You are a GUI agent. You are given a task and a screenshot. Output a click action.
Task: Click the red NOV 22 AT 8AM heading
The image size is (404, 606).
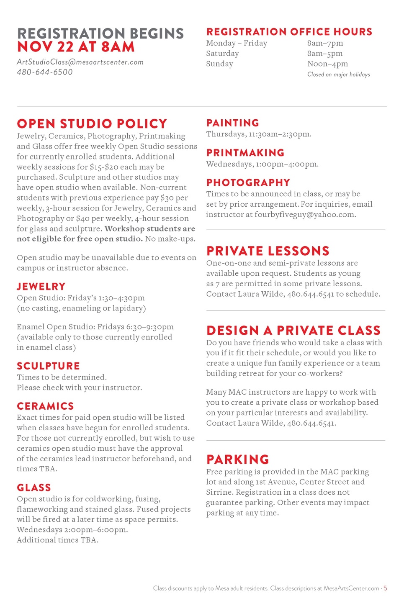(76, 47)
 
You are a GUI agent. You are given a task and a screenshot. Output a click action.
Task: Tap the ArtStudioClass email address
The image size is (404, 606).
(80, 62)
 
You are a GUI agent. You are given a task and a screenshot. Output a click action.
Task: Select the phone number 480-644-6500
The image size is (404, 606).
(45, 72)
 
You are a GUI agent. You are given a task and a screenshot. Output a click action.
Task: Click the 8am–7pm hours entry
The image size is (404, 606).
(325, 43)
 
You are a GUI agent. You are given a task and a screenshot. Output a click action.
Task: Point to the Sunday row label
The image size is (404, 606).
(219, 64)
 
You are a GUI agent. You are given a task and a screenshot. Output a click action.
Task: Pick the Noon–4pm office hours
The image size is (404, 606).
(327, 64)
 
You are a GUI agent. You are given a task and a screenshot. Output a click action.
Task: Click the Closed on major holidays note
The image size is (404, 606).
(338, 74)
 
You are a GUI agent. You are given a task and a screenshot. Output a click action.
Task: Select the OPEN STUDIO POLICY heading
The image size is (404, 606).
(92, 124)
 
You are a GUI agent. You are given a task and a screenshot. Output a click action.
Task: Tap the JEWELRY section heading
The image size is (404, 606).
(41, 287)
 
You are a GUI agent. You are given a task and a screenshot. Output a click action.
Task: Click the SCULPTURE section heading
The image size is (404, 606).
(48, 366)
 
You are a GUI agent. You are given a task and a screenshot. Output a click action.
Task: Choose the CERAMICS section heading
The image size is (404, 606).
(45, 406)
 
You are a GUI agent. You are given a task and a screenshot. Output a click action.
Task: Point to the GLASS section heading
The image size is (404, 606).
(34, 488)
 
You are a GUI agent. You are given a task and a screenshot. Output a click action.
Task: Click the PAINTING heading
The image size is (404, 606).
(233, 123)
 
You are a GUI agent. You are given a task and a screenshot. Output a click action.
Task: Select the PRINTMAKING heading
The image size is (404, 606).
(245, 153)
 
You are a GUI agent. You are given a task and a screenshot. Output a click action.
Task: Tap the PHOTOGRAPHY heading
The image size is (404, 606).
(248, 183)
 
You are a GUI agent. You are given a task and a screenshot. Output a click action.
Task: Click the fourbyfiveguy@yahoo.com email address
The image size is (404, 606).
(305, 215)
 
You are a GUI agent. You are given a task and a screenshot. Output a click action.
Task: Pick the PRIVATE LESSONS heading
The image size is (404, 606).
(268, 251)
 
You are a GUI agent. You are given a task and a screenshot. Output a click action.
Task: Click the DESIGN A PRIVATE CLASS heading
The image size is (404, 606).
(293, 331)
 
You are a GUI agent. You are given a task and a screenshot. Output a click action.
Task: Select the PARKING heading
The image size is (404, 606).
(238, 460)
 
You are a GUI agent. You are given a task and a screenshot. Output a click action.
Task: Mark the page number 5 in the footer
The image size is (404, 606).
(385, 588)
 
